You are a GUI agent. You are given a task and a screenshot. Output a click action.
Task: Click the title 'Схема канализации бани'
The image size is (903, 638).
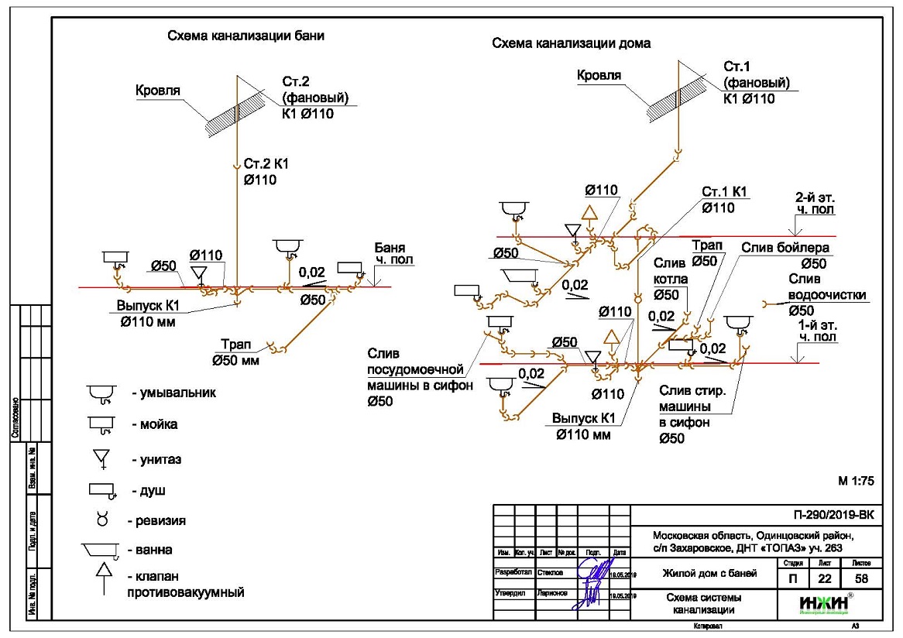(x=245, y=36)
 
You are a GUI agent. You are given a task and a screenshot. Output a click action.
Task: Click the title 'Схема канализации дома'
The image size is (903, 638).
(x=571, y=44)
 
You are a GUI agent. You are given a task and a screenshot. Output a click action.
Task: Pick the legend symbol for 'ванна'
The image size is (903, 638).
(x=99, y=551)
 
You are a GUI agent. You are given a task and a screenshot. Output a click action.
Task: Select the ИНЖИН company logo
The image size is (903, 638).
(x=826, y=603)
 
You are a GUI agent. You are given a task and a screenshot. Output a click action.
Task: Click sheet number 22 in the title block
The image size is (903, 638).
(x=822, y=578)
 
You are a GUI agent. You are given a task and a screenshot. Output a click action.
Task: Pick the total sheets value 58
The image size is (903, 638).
(x=861, y=578)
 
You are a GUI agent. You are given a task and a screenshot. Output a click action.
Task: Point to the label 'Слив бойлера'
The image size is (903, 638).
(x=785, y=249)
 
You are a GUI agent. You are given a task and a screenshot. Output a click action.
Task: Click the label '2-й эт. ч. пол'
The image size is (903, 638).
(x=815, y=204)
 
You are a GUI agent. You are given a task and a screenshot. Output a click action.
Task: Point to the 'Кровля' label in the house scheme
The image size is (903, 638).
(x=599, y=75)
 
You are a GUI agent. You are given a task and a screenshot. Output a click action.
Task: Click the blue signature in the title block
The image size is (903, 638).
(x=592, y=585)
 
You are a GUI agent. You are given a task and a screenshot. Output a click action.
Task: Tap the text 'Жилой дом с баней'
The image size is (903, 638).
(x=704, y=574)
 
